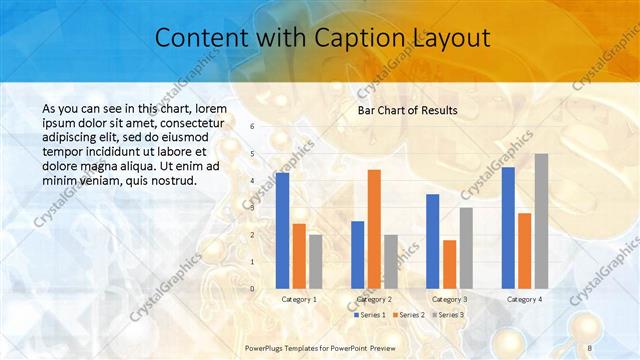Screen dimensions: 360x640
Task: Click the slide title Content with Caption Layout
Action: (322, 39)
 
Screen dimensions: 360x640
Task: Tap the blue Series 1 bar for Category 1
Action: (283, 230)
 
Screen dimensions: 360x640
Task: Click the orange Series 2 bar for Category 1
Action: (299, 256)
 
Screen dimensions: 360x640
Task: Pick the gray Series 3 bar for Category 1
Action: (316, 261)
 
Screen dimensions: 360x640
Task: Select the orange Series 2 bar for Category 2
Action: (374, 229)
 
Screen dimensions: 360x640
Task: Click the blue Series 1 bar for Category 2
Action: (358, 254)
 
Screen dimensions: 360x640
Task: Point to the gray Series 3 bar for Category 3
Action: (466, 247)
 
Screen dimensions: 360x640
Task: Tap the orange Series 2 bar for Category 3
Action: (450, 264)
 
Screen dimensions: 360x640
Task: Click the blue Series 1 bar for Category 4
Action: (508, 227)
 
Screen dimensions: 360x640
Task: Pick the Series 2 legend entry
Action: (410, 315)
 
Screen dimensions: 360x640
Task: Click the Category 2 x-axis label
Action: (374, 299)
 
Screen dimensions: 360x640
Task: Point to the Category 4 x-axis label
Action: (524, 299)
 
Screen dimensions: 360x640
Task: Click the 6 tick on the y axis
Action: (252, 126)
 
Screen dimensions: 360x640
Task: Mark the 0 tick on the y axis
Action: (252, 289)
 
